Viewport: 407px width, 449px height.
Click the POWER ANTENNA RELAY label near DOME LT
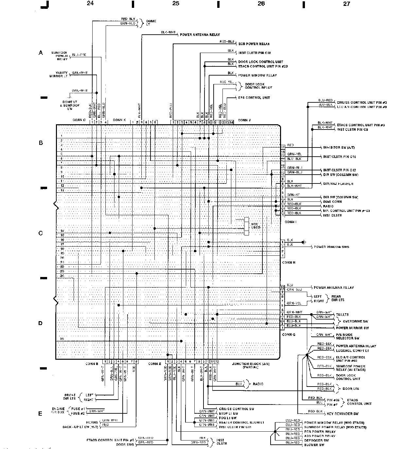(x=200, y=35)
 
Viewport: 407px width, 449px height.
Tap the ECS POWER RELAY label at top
(x=254, y=44)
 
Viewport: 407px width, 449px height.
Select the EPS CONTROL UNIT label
(x=254, y=98)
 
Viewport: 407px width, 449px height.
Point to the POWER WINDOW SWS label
(x=331, y=247)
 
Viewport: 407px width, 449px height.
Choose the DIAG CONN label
(x=332, y=202)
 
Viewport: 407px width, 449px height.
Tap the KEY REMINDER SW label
(x=343, y=414)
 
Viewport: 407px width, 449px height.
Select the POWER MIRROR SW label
(x=352, y=328)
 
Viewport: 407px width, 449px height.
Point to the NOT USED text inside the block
(x=256, y=226)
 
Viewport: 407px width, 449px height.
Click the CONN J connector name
(x=244, y=120)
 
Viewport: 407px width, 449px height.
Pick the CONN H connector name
(x=289, y=262)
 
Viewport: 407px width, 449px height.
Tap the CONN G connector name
(x=289, y=335)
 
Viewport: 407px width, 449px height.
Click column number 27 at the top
(x=346, y=4)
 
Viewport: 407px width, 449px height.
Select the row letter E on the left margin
(x=41, y=414)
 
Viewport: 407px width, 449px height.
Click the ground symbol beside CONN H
(x=304, y=242)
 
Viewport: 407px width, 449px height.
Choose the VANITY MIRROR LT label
(x=59, y=75)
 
